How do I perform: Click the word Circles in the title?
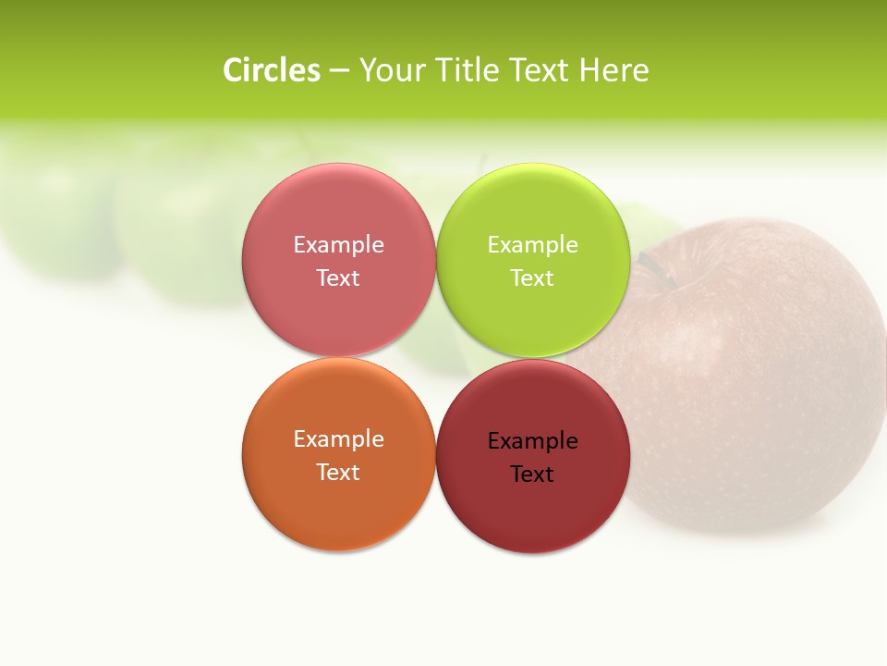tap(271, 70)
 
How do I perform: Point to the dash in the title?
tap(339, 71)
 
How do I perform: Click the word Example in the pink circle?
tap(338, 244)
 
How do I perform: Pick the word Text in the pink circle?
tap(338, 277)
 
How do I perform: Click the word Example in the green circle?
tap(533, 244)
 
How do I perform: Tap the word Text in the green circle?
tap(533, 277)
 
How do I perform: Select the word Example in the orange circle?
tap(338, 438)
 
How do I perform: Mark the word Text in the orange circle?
tap(338, 472)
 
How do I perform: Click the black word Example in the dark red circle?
tap(533, 440)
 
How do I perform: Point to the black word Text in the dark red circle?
tap(533, 474)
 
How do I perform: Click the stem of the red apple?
tap(658, 268)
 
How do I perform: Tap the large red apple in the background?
tap(758, 388)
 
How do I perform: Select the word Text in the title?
tap(541, 70)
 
